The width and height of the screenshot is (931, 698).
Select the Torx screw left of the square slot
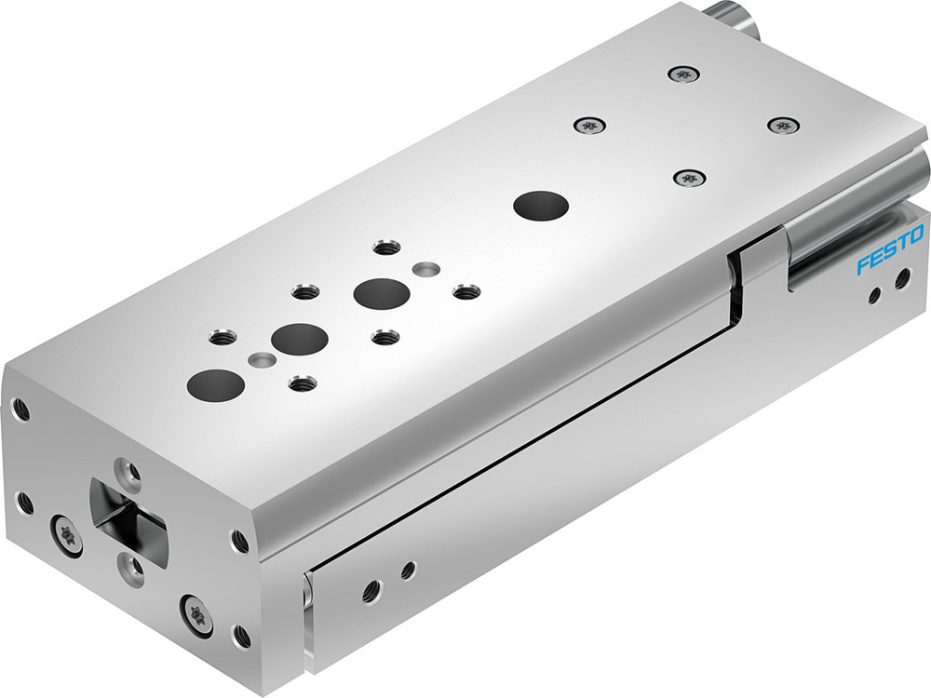[67, 537]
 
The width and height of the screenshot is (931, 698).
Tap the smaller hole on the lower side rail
[408, 569]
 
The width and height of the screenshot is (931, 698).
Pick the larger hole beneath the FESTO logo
[901, 277]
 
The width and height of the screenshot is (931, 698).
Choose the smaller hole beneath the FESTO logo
[873, 296]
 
